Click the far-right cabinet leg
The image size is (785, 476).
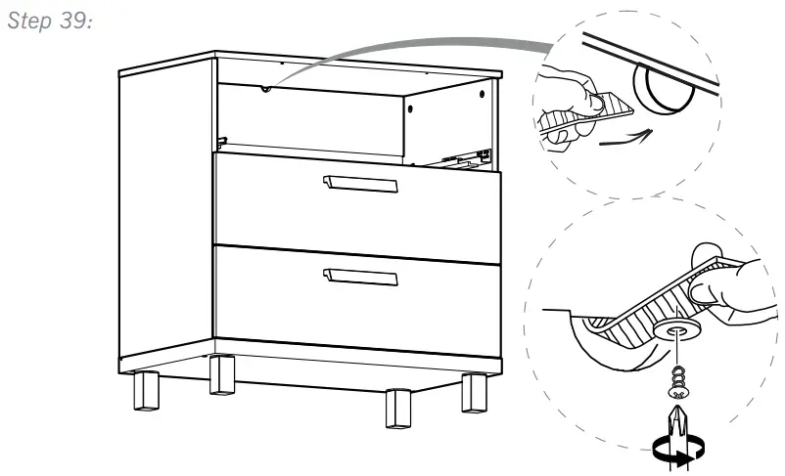click(x=475, y=392)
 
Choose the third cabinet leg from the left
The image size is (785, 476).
click(x=396, y=405)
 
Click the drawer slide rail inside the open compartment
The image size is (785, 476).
click(x=460, y=156)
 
